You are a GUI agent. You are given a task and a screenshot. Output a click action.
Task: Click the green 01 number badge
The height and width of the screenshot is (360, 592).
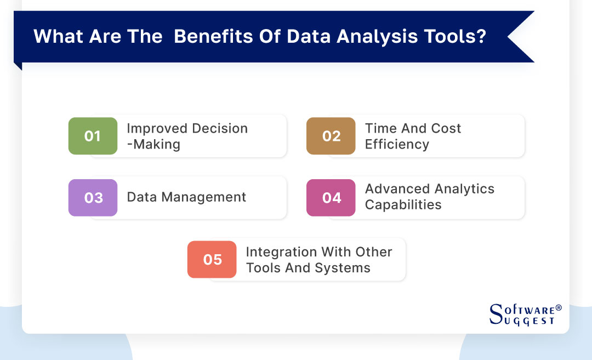[93, 136]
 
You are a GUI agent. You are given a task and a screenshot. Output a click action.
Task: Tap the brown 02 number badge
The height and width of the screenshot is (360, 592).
[331, 136]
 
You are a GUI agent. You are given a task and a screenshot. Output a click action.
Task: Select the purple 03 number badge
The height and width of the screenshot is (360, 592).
[93, 197]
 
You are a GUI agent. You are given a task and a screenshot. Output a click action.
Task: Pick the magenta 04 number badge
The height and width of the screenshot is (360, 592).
[331, 197]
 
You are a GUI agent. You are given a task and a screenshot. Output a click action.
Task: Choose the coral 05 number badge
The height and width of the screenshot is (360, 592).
[212, 259]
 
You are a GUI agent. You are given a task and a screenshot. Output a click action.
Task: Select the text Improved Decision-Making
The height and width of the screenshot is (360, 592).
[187, 136]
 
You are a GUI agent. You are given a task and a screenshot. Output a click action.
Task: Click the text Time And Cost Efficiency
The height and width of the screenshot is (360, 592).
[413, 136]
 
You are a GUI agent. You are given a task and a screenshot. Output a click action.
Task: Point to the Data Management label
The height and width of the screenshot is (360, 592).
[186, 197]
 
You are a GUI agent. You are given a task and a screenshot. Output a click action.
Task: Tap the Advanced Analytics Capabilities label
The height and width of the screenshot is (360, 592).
[429, 197]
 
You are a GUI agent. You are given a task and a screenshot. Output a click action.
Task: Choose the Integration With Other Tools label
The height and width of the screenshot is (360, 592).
[318, 260]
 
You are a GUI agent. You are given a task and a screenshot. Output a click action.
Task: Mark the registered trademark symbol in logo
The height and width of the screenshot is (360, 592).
[559, 308]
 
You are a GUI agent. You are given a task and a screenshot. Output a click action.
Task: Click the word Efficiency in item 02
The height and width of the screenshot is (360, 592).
[397, 144]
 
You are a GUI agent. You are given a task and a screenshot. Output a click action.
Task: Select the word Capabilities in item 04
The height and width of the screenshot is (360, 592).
[403, 205]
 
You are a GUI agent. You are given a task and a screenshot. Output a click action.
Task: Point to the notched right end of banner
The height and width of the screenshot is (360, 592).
[521, 37]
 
